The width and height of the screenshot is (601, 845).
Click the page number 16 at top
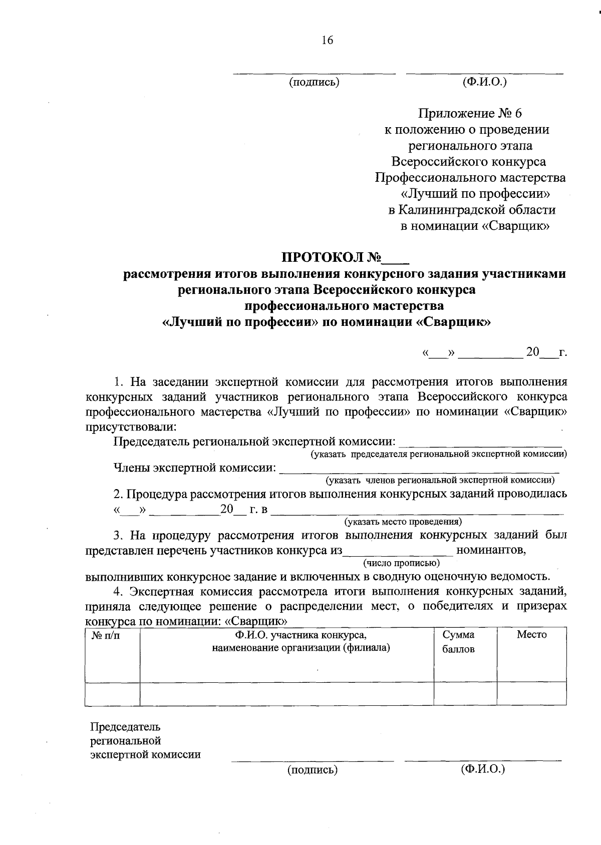click(x=327, y=41)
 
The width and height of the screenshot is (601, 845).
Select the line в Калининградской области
click(x=472, y=210)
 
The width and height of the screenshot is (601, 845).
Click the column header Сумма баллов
click(x=458, y=642)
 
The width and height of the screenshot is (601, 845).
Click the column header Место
click(x=531, y=635)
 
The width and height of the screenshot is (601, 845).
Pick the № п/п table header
click(x=106, y=635)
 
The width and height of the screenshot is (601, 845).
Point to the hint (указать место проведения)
click(x=402, y=522)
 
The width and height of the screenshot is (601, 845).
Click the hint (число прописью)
click(x=401, y=562)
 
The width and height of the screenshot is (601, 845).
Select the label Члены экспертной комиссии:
click(x=195, y=468)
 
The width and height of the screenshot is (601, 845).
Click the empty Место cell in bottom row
click(x=531, y=694)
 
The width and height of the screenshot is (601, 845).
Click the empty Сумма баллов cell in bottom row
click(x=465, y=694)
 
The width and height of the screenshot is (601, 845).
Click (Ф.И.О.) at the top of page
click(x=484, y=82)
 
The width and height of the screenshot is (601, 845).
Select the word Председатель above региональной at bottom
click(x=125, y=726)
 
